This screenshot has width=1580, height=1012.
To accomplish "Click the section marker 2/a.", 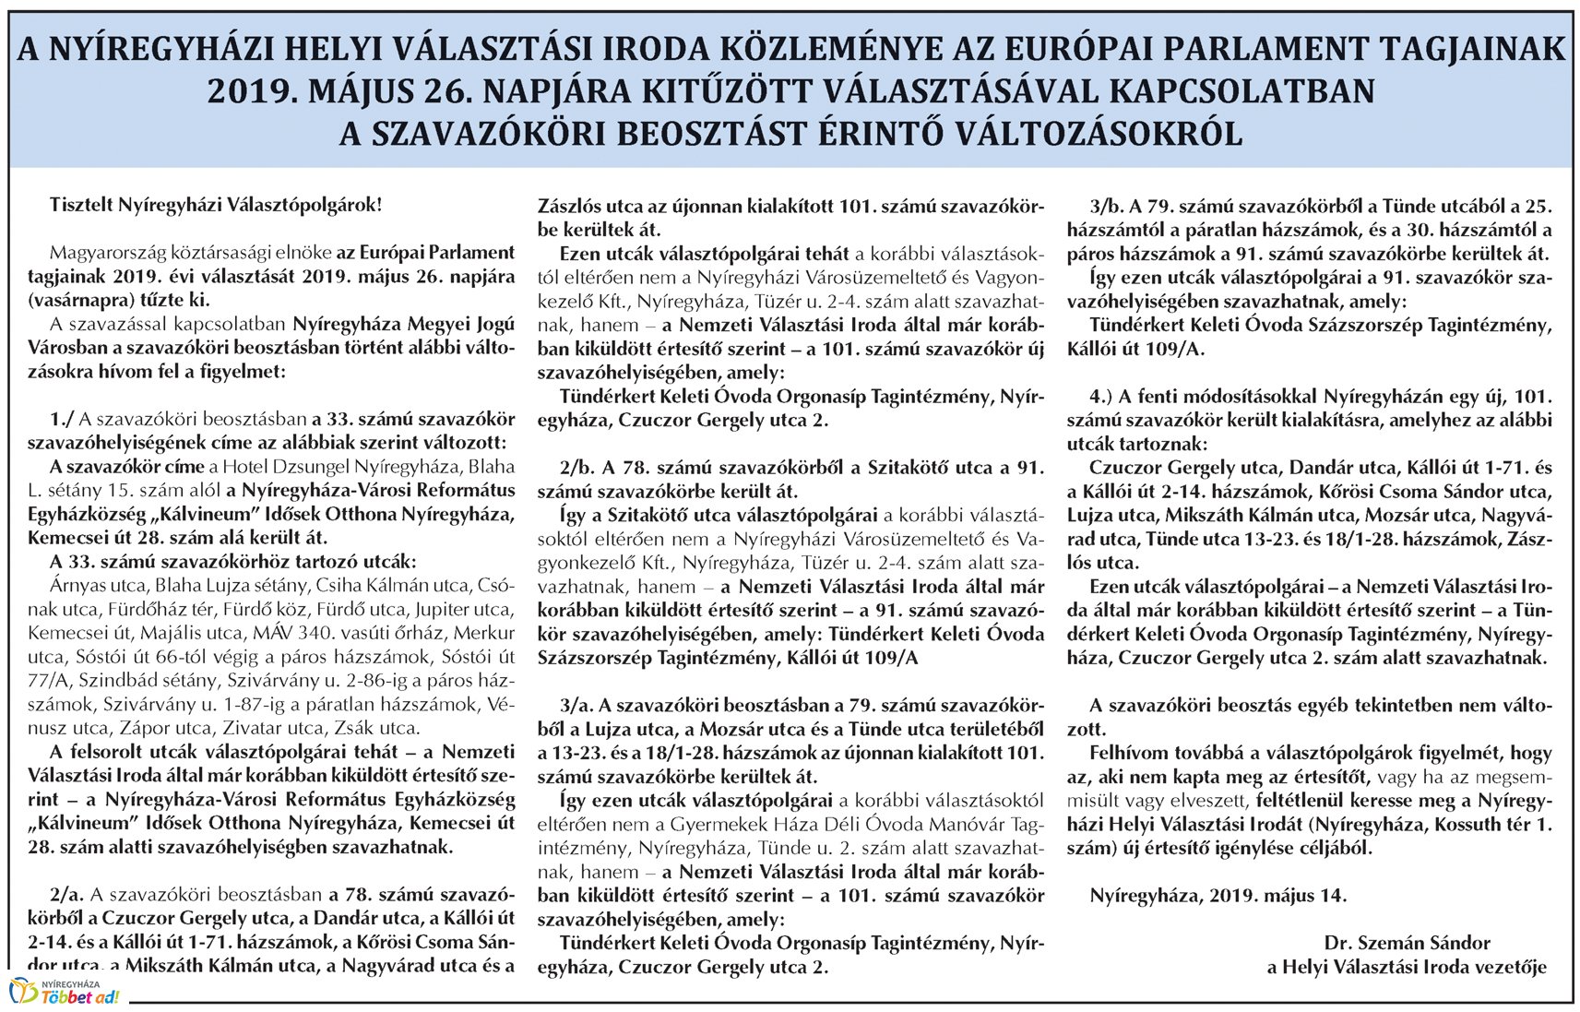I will coord(66,894).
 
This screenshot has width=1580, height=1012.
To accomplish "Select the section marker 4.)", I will coord(1103,397).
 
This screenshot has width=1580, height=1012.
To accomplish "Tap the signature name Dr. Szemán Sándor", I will coord(1407,943).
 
